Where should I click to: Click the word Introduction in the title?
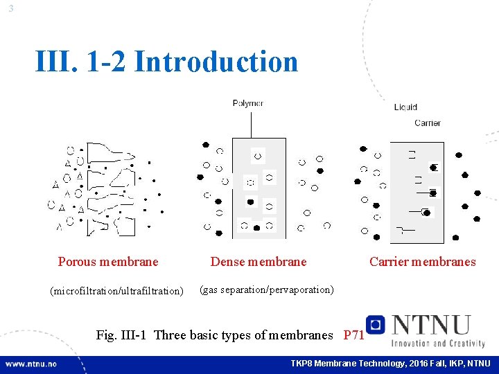216,62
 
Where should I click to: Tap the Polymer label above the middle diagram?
247,104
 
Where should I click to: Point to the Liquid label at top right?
405,107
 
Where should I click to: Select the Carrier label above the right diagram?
427,123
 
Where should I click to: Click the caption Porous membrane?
108,262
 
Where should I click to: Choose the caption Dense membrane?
259,262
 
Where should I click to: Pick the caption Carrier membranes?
423,262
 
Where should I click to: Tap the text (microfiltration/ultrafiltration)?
116,291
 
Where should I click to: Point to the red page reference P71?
354,335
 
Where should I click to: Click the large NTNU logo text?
430,326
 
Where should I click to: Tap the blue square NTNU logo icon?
376,324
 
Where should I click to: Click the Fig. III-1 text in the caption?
123,335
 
